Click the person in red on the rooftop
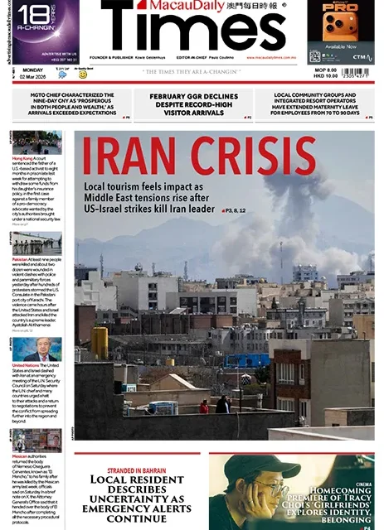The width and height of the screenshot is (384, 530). pyautogui.click(x=204, y=407)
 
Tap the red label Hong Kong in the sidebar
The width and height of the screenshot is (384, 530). pyautogui.click(x=23, y=158)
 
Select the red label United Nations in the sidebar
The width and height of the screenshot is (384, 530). pyautogui.click(x=27, y=366)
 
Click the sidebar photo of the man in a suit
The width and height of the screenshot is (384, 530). pyautogui.click(x=37, y=349)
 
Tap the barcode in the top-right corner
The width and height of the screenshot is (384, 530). pyautogui.click(x=356, y=72)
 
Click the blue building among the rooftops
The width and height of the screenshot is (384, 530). pyautogui.click(x=245, y=360)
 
